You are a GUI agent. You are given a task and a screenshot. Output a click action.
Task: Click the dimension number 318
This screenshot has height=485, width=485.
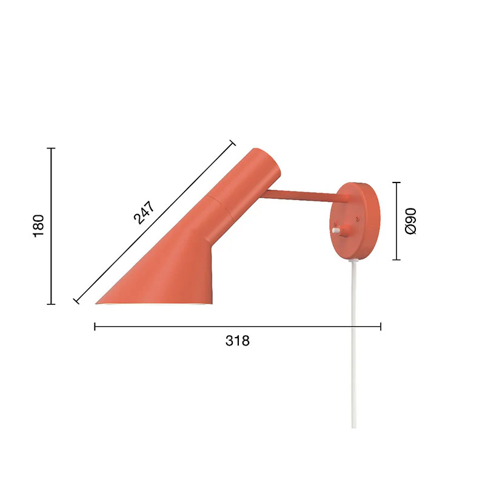coord(237,341)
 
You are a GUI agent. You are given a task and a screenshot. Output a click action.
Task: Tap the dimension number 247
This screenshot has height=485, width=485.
coord(144,212)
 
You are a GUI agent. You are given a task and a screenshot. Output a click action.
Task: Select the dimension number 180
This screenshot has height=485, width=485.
coord(39,226)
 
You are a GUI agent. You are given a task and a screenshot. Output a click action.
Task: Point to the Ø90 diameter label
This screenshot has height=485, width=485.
coord(410,221)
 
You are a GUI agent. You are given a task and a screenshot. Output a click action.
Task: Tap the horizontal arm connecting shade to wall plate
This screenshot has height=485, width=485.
coord(300,195)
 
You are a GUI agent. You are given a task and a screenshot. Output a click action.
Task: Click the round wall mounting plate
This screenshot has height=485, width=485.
coord(358,221)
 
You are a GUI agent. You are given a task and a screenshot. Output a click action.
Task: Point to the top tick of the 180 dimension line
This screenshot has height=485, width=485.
coord(52,148)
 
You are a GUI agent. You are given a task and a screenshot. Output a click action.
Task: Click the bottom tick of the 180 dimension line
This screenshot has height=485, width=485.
coord(52,304)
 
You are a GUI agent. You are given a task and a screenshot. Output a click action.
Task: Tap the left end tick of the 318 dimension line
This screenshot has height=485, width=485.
coord(95,327)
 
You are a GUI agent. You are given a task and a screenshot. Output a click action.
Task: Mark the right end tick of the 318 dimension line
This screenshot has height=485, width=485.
coord(381,327)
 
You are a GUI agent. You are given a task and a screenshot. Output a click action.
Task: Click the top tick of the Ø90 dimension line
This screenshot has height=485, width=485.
coord(397,182)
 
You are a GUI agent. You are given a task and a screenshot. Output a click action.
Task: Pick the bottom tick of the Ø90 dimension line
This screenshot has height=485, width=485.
coord(397,259)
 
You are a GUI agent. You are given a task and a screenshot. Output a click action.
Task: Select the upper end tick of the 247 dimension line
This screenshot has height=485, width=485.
coord(232,143)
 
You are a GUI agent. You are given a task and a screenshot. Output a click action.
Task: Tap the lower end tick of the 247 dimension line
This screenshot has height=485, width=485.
coord(76,300)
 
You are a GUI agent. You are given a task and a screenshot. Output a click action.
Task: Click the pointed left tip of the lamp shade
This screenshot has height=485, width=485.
coord(97,303)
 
